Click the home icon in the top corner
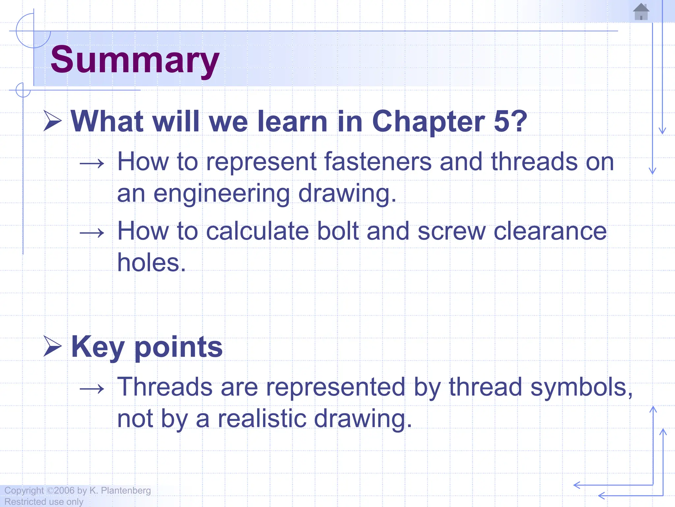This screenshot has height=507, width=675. tap(641, 12)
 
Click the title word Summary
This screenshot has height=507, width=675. tap(135, 60)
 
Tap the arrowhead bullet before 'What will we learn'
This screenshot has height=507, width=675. tap(53, 121)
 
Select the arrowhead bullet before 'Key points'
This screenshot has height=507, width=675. tap(53, 347)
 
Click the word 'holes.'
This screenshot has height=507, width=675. tap(152, 263)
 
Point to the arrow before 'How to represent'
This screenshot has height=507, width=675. tap(92, 163)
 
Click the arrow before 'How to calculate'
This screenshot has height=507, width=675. tap(92, 233)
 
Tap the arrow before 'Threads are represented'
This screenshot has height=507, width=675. tap(92, 389)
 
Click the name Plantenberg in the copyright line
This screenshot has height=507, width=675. tap(126, 490)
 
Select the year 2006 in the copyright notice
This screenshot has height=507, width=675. tap(64, 490)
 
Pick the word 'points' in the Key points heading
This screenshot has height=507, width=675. tap(179, 347)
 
